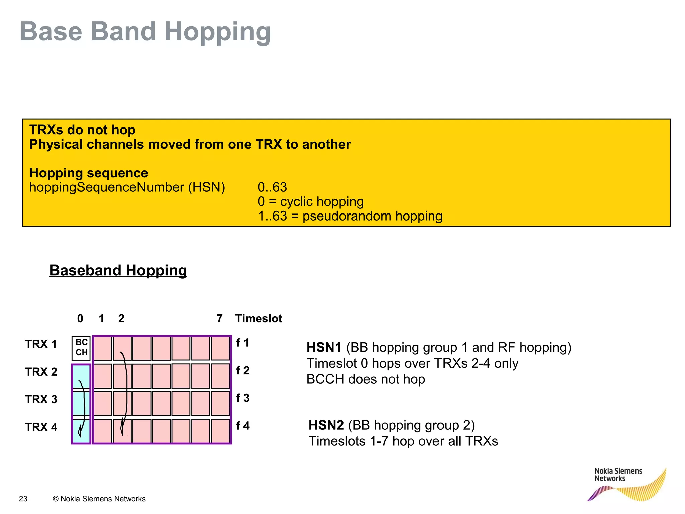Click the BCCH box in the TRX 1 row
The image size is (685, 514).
click(x=81, y=348)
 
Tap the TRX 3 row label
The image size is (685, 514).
click(x=41, y=399)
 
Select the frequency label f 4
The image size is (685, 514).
click(x=242, y=426)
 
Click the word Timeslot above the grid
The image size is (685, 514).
click(x=259, y=318)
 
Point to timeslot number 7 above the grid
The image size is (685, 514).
click(x=219, y=318)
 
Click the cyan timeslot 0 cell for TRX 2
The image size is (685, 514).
click(x=81, y=376)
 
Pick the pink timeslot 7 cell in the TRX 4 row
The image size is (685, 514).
click(x=220, y=431)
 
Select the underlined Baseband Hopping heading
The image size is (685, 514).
click(x=118, y=270)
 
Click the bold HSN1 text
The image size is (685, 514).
click(x=324, y=347)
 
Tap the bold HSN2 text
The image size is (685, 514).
click(x=326, y=425)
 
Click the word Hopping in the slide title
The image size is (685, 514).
click(x=217, y=31)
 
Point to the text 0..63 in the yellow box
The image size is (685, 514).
click(x=272, y=187)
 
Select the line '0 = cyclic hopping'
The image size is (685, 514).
click(x=310, y=201)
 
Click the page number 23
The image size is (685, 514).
click(x=23, y=499)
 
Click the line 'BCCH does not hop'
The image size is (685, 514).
click(x=366, y=379)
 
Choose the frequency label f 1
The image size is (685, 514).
click(x=242, y=343)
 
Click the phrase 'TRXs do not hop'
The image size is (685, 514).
click(x=82, y=130)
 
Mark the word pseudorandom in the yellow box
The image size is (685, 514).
click(x=347, y=216)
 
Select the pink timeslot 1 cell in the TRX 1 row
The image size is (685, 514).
click(x=102, y=348)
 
